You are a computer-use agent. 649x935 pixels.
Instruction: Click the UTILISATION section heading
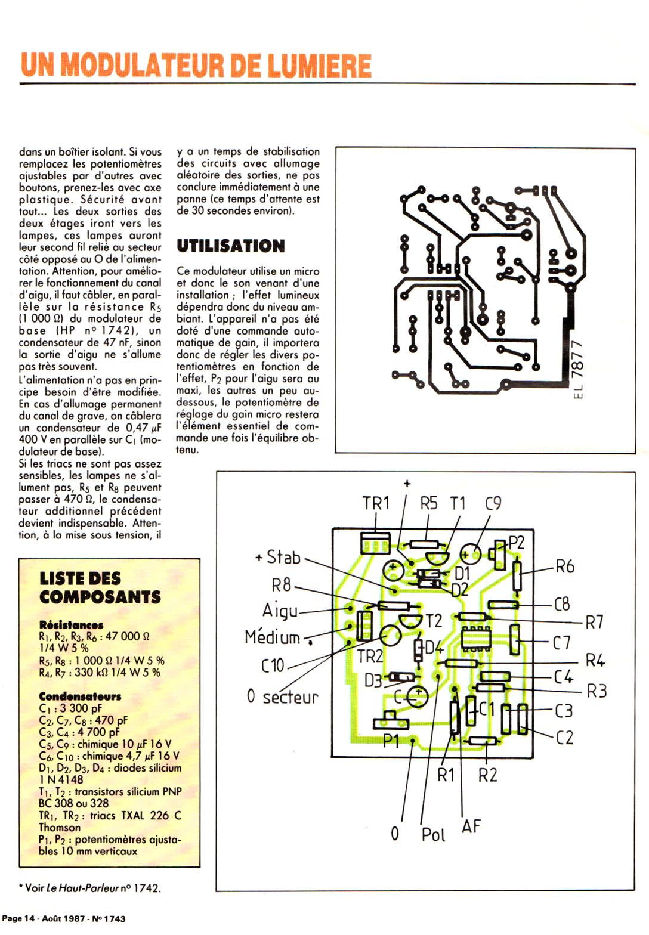pos(231,246)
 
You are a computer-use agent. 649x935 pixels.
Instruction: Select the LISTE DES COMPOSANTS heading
pos(100,587)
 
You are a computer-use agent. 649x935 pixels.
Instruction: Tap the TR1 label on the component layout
pos(376,503)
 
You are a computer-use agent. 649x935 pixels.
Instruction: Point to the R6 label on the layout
pos(565,566)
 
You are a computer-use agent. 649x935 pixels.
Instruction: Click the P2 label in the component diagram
pos(516,543)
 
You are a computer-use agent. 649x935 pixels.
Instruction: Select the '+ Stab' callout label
pos(278,558)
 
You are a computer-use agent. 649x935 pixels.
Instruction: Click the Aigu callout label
pos(280,611)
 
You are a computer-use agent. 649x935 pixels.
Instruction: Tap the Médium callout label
pos(273,637)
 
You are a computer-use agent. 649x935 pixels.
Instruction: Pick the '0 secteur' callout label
pos(283,696)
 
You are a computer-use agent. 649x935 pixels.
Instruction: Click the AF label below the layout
pos(471,826)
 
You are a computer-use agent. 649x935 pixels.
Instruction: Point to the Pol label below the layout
pos(433,835)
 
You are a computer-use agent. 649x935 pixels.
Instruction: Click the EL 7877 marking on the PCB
pos(576,370)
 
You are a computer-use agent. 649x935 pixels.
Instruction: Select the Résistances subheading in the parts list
pos(71,625)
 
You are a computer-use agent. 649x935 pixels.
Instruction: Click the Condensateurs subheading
pos(80,696)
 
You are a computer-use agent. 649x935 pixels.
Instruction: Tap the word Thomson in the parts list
pos(60,827)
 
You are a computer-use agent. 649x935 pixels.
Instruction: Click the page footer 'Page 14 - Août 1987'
pos(64,919)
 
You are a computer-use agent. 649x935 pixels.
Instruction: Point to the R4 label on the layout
pos(595,660)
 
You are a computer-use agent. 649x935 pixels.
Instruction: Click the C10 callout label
pos(273,665)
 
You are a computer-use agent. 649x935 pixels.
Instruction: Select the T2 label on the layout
pos(434,621)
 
